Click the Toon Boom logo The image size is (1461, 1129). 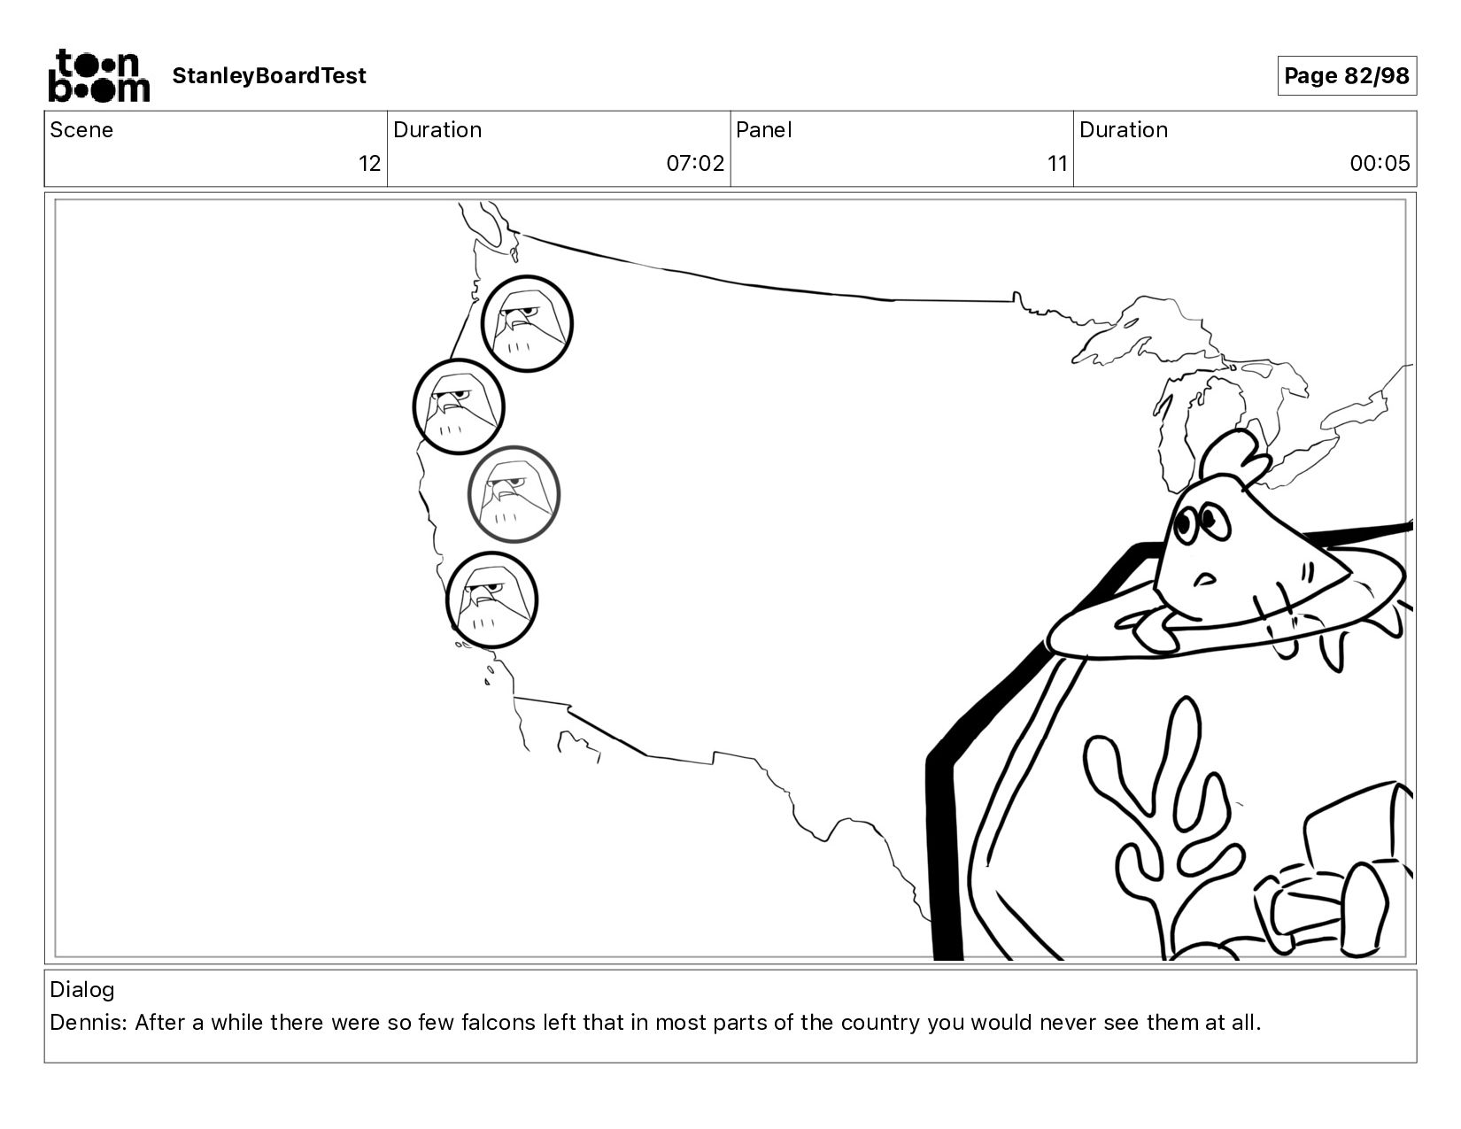(x=98, y=75)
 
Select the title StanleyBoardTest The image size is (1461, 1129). (x=269, y=75)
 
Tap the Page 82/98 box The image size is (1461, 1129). (x=1347, y=75)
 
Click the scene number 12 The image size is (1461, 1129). (x=370, y=164)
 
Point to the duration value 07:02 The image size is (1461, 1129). (x=695, y=164)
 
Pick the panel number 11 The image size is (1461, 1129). (x=1057, y=164)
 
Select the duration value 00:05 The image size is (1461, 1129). (x=1380, y=164)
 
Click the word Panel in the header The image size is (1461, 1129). (x=764, y=129)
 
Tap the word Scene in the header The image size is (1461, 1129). (x=81, y=129)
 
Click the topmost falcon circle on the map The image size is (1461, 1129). (x=527, y=323)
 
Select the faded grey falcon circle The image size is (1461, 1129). (x=514, y=494)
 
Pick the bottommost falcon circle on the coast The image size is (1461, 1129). (x=492, y=599)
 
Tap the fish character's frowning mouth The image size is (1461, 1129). (x=1204, y=577)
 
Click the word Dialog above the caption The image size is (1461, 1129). (x=82, y=990)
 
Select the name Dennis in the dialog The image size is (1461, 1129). (x=88, y=1023)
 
